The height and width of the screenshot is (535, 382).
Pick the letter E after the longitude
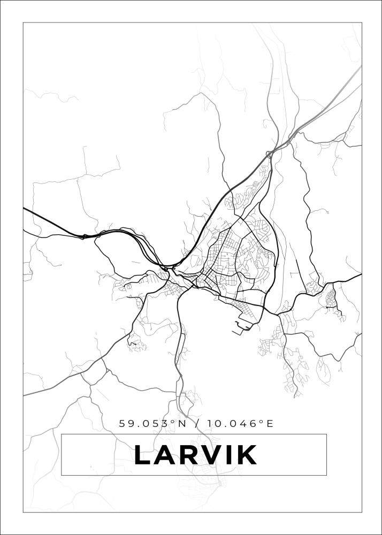tap(270, 424)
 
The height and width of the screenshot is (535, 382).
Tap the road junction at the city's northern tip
tap(270, 154)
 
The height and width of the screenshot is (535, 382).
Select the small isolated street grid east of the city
tap(331, 297)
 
